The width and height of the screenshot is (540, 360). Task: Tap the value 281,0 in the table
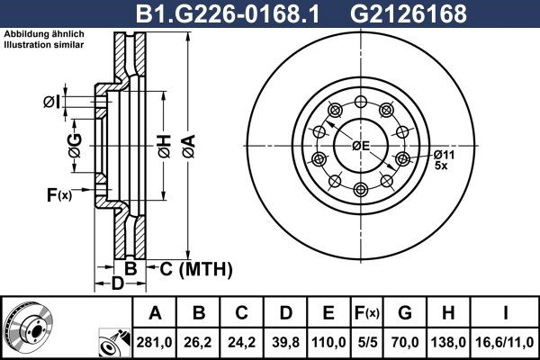coord(156,343)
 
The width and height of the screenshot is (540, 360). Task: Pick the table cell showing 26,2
coord(199,343)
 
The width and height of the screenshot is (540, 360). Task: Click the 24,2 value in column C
coord(242,343)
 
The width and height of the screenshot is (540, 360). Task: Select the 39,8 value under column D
coord(285,343)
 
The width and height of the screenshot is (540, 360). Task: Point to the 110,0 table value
coord(328,343)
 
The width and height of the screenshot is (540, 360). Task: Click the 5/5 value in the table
coord(368,343)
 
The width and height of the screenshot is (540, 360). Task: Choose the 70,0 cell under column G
coord(405,343)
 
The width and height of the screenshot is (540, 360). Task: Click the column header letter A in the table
coord(156,313)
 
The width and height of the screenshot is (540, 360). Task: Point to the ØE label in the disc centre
coord(361,146)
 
